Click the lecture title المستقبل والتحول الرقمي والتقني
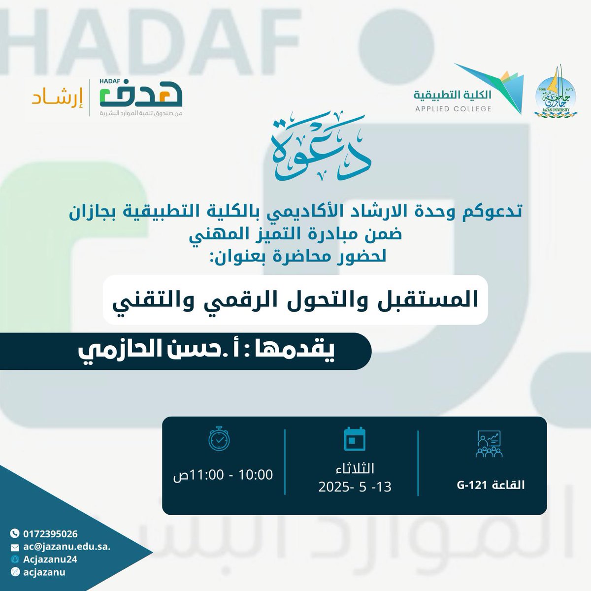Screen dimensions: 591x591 pos(295,300)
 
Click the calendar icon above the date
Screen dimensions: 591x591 pos(353,438)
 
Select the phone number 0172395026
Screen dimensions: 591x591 pos(50,533)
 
